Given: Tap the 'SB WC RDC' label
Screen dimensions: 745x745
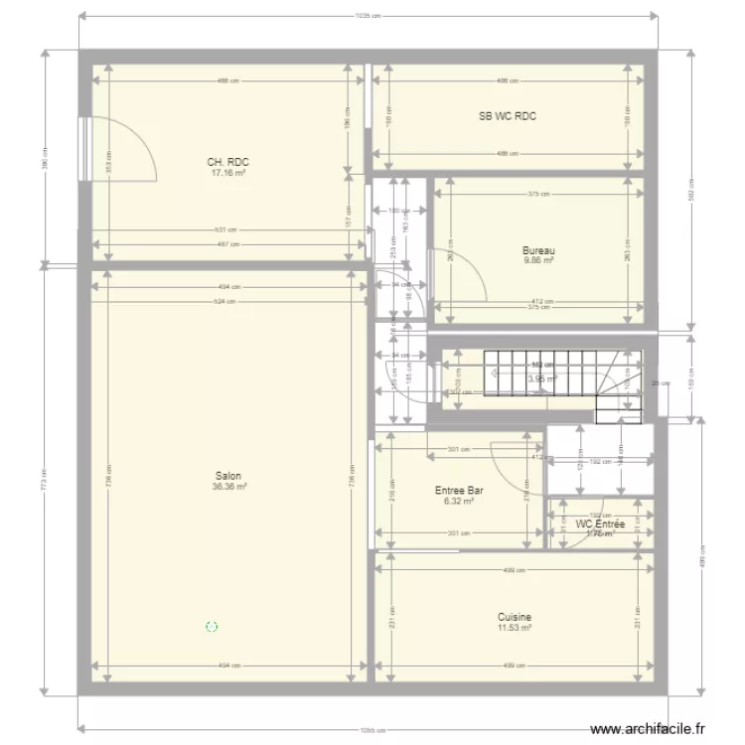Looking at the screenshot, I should click(x=508, y=116).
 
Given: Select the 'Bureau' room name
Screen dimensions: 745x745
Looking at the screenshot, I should click(x=539, y=250).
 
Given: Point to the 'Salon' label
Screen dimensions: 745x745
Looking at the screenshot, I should click(x=228, y=476).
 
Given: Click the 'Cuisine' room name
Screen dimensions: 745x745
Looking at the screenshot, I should click(x=515, y=617).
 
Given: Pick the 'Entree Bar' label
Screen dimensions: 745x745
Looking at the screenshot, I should click(x=459, y=491).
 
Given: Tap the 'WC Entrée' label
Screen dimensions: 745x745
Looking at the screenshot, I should click(x=600, y=523).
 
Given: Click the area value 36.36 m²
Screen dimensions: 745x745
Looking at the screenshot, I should click(x=228, y=487).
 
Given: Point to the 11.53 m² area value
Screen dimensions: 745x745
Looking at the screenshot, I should click(x=515, y=628).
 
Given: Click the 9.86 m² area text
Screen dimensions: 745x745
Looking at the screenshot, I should click(x=539, y=260).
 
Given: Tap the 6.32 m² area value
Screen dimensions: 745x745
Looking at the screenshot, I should click(x=459, y=502).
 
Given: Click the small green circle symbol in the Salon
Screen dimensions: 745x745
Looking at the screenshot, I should click(x=211, y=627).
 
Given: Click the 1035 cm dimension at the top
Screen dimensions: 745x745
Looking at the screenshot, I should click(x=368, y=15).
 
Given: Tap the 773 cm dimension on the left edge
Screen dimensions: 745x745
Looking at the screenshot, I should click(x=43, y=482).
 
